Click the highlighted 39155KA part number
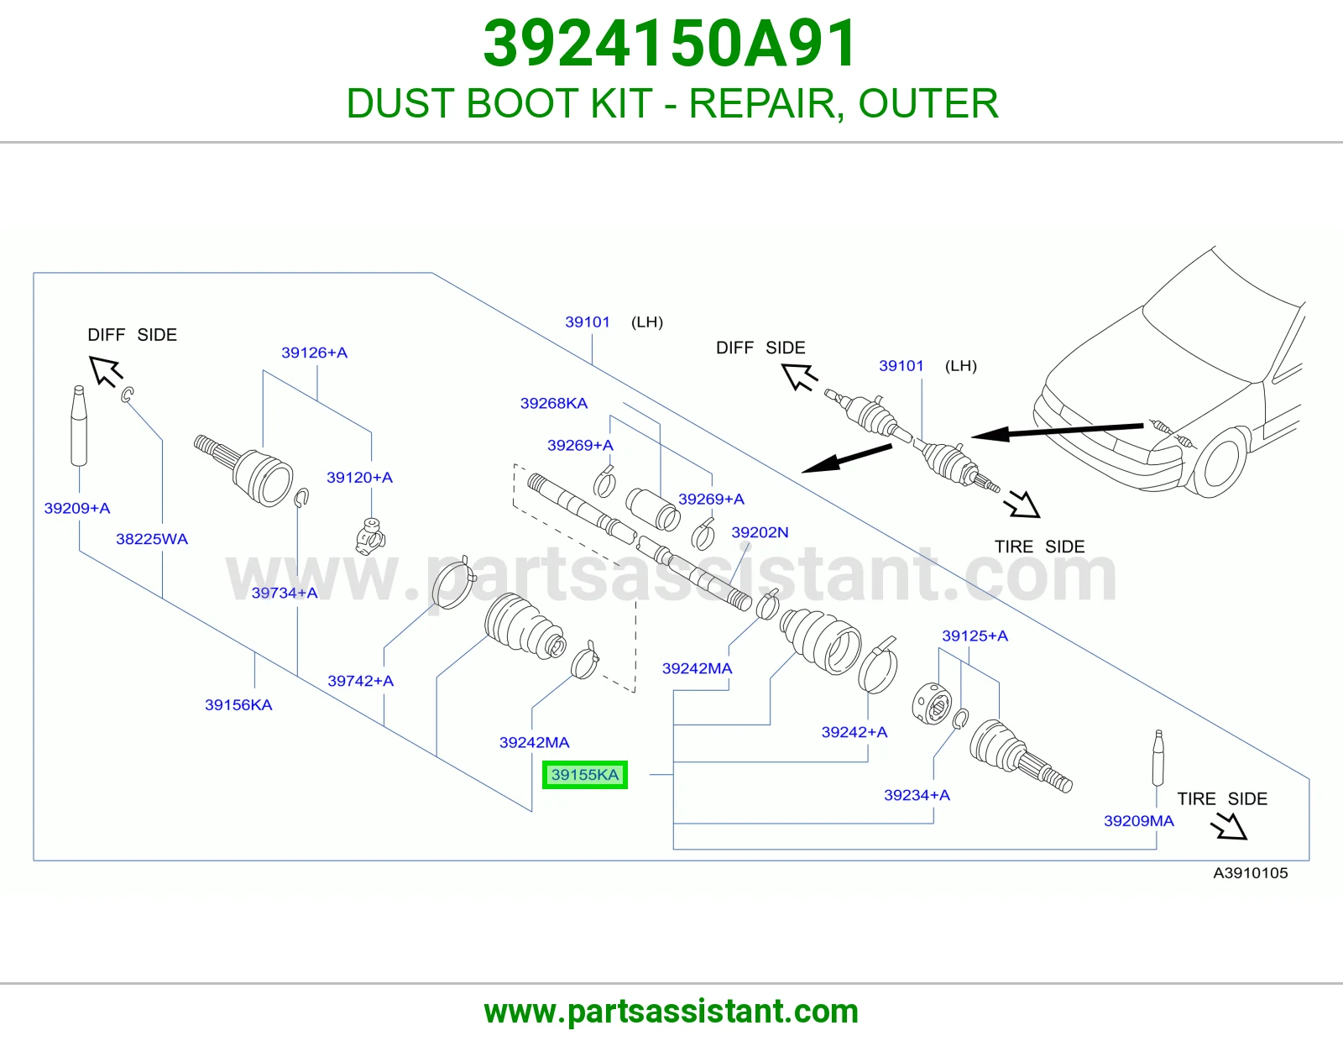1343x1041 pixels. tap(585, 775)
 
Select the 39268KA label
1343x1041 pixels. tap(554, 404)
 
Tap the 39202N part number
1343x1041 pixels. tap(760, 532)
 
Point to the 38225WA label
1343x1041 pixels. tap(152, 539)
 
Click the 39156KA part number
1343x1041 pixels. tap(238, 704)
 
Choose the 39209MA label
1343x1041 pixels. tap(1139, 821)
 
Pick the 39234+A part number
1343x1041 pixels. tap(917, 795)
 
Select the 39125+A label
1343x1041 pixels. tap(975, 636)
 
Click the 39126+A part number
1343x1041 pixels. tap(314, 353)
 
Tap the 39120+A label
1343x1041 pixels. tap(360, 477)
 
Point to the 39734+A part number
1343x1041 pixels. tap(285, 593)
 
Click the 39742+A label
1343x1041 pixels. tap(360, 681)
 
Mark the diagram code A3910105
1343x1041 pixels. tap(1251, 873)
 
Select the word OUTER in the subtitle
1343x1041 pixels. tap(928, 103)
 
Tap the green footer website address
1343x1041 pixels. tap(671, 1012)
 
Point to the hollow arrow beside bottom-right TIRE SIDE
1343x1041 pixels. tap(1230, 826)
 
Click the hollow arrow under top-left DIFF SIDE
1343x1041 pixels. tap(106, 371)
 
